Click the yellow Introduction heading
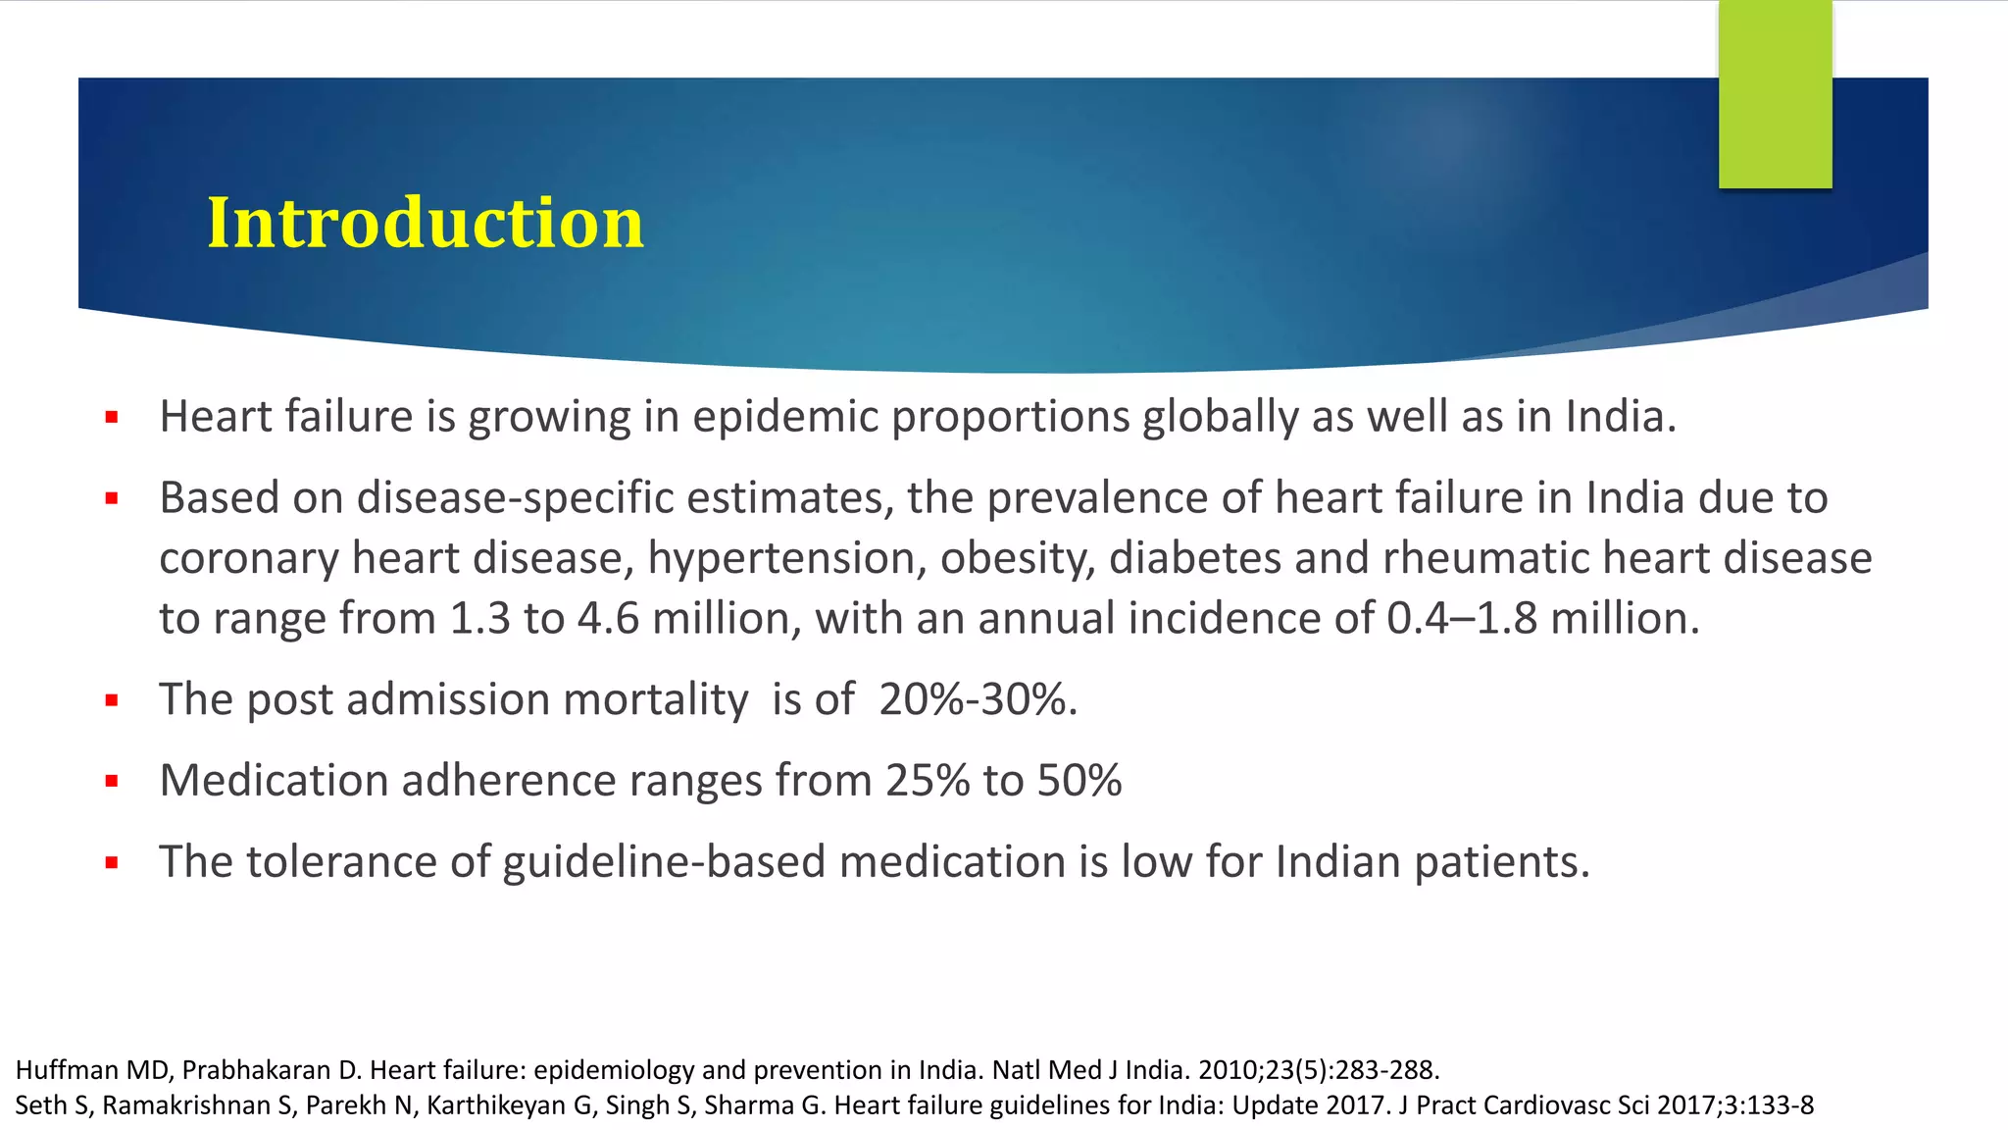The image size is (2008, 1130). [425, 223]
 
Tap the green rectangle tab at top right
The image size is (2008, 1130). [1775, 94]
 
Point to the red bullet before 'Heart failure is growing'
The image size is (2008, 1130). [112, 418]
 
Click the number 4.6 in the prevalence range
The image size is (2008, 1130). [608, 619]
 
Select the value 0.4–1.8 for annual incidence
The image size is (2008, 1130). [1461, 619]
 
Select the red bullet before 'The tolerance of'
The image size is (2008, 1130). [112, 863]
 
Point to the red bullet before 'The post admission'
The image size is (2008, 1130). [112, 701]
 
